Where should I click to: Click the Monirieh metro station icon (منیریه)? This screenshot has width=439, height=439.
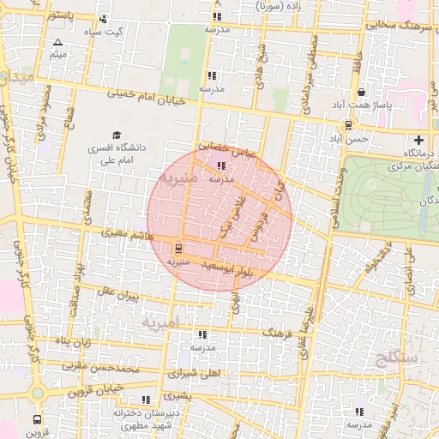coord(178,249)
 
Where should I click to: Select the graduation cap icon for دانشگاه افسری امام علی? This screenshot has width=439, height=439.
coord(116,135)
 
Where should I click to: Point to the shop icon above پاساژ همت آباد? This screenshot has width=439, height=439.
coord(362,92)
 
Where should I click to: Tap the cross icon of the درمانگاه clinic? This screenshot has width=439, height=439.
coord(418,140)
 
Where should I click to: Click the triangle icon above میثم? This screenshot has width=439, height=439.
coord(57,42)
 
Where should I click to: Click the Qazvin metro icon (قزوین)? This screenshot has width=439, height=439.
coord(37,420)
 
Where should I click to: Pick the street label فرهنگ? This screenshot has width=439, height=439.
coord(279,331)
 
